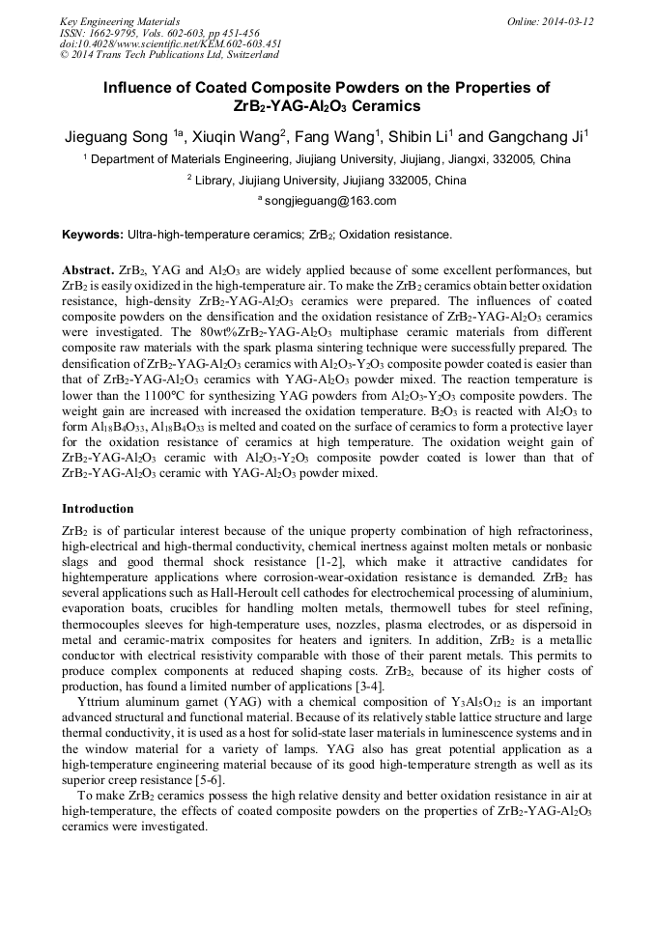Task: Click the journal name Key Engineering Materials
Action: (120, 21)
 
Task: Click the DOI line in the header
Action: (171, 44)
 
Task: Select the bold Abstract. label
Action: (88, 270)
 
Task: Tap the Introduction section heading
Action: (98, 508)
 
